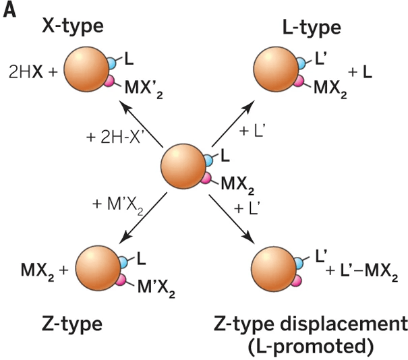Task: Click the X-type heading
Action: click(x=73, y=27)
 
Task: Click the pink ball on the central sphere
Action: click(x=208, y=179)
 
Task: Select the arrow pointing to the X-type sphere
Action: click(x=141, y=122)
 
